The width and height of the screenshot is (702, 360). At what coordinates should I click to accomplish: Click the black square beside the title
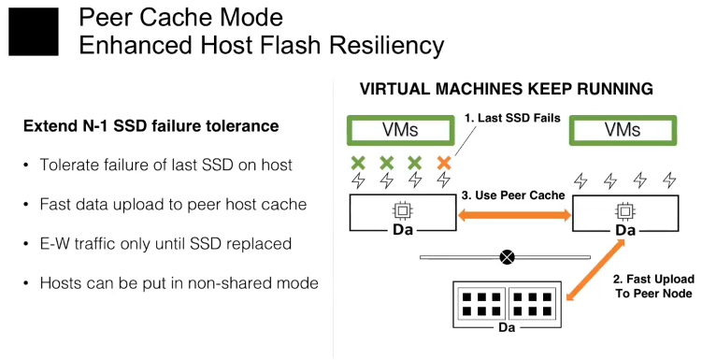coord(34,32)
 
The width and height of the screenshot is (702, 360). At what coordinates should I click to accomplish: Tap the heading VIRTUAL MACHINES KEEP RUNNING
coord(507,89)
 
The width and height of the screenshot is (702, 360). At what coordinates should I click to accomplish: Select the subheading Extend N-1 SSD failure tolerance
coord(150,126)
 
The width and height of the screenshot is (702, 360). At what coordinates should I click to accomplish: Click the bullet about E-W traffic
coord(165,244)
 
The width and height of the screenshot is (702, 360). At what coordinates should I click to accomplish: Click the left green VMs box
coord(400,130)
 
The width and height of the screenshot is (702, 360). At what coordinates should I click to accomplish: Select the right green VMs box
coord(623,130)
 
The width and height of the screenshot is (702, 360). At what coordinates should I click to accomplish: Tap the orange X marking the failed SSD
coord(444,163)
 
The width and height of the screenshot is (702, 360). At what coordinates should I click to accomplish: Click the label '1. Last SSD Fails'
coord(512,118)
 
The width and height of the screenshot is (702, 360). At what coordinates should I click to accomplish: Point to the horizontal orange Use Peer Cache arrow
coord(514,216)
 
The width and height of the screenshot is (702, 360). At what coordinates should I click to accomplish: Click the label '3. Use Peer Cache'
coord(513,195)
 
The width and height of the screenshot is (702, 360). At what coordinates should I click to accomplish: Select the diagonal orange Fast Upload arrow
coord(595,270)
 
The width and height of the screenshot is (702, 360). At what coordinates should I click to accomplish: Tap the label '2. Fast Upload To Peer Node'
coord(653,286)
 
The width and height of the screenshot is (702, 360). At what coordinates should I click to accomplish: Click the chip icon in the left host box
coord(402,210)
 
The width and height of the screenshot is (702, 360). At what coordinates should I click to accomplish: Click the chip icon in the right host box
coord(624,210)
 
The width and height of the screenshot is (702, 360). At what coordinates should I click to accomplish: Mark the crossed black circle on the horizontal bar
coord(507,257)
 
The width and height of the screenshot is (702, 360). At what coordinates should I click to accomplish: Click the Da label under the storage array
coord(507,328)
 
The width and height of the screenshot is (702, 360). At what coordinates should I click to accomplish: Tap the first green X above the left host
coord(358,163)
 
